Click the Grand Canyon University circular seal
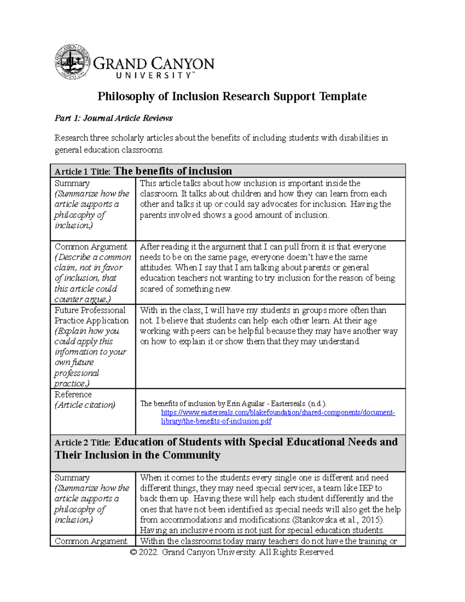pyautogui.click(x=72, y=62)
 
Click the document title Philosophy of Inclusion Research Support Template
pyautogui.click(x=232, y=96)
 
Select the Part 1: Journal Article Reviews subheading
pyautogui.click(x=114, y=118)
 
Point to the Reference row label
pyautogui.click(x=73, y=394)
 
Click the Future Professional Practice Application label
pyautogui.click(x=91, y=315)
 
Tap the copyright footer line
pyautogui.click(x=232, y=552)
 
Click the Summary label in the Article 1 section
pyautogui.click(x=72, y=183)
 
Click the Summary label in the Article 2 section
pyautogui.click(x=72, y=478)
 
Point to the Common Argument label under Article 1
pyautogui.click(x=91, y=247)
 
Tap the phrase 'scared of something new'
pyautogui.click(x=186, y=289)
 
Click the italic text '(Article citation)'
pyautogui.click(x=85, y=405)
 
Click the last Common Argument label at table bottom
pyautogui.click(x=91, y=541)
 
